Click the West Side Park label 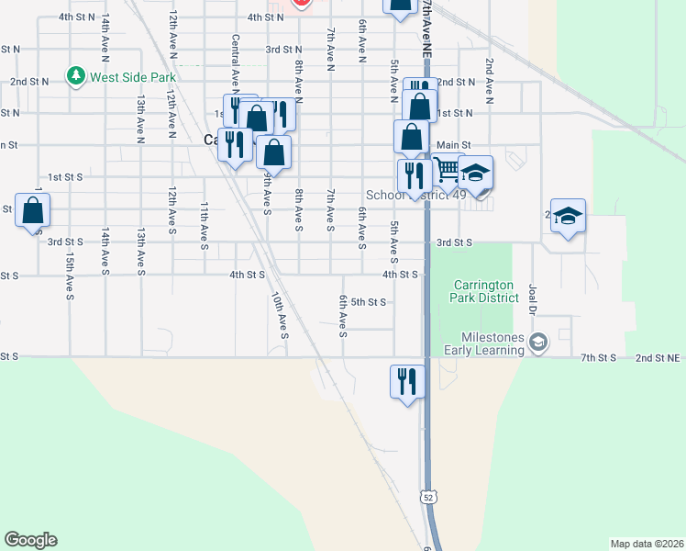click(x=132, y=75)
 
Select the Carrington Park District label click(x=482, y=292)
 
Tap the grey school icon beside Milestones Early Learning click(x=538, y=343)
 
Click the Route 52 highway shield click(x=428, y=497)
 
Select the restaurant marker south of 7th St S click(x=406, y=378)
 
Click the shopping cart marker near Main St click(x=447, y=170)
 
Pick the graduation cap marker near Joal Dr click(x=568, y=216)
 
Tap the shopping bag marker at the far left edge click(x=33, y=210)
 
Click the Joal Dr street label click(x=533, y=298)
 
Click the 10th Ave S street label click(x=279, y=314)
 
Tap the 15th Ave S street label click(x=70, y=275)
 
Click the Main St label click(x=453, y=145)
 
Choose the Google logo click(x=30, y=540)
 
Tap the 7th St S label click(x=601, y=356)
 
